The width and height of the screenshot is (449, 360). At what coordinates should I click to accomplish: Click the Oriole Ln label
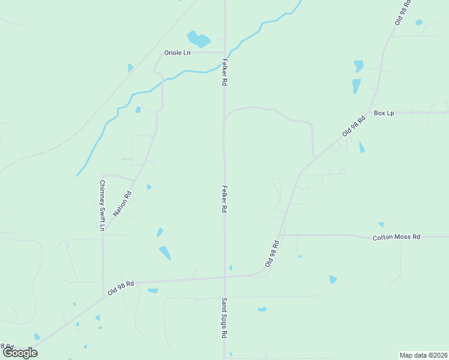point(178,53)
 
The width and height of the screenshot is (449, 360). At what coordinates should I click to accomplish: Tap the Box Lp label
point(384,113)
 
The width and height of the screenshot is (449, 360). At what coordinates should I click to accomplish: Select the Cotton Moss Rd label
point(396,238)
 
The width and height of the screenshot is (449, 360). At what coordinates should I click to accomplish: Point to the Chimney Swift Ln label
point(102,206)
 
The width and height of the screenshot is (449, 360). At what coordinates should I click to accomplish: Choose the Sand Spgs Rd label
point(224,317)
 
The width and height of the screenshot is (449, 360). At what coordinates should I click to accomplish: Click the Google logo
point(20,353)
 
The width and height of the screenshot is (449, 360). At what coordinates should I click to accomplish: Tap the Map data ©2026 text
point(423,355)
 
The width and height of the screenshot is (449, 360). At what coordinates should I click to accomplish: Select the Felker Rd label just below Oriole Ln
point(224,71)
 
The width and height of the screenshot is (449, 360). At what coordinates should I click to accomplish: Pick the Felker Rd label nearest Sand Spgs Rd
point(224,199)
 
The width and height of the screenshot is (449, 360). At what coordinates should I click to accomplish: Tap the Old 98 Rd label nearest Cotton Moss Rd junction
point(273,254)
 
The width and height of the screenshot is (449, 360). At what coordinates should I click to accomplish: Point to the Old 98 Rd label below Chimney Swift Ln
point(121,287)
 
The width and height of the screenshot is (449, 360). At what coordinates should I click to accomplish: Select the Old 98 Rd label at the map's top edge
point(402,12)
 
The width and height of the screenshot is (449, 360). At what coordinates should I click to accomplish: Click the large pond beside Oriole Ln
point(199,40)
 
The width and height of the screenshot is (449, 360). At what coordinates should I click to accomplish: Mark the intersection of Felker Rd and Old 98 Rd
point(224,277)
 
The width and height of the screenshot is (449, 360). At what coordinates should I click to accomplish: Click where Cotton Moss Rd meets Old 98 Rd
point(280,235)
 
